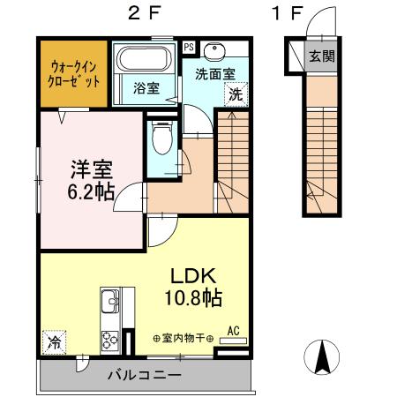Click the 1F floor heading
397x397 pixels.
tap(288, 14)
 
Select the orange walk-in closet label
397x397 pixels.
tap(73, 72)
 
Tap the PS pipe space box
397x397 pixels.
tap(189, 48)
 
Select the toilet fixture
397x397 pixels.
tap(161, 137)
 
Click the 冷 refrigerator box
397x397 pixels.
tap(52, 339)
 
